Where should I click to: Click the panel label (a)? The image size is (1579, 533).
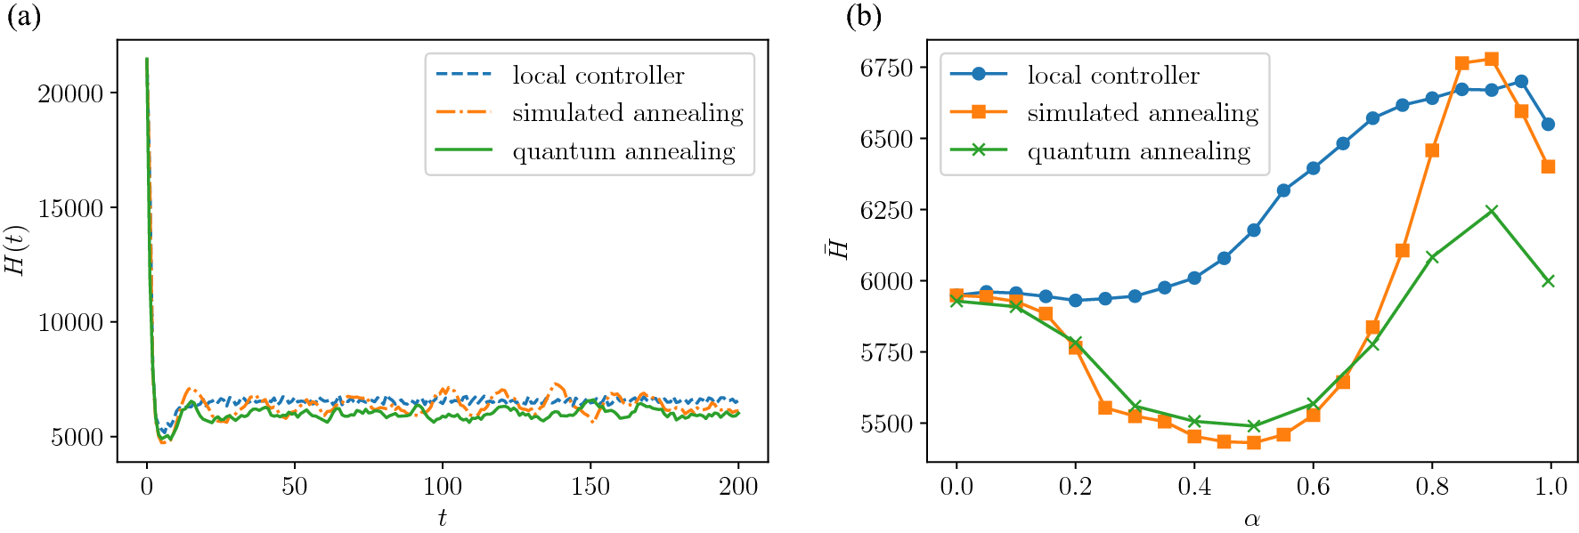point(24,16)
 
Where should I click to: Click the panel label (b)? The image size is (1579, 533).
point(863,16)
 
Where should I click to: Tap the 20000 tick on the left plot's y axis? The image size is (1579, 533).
point(70,93)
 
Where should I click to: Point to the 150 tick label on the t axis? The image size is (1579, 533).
point(590,486)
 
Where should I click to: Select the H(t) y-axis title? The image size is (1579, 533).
point(16,250)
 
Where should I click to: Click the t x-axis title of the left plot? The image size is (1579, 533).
point(442,517)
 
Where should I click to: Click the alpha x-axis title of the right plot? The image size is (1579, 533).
point(1252,519)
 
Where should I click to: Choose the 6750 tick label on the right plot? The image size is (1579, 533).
point(886,68)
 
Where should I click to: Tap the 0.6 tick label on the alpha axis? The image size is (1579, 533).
point(1313,486)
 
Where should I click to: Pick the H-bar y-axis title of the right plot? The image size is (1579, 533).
point(838,248)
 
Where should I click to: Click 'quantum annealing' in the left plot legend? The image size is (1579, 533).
point(623,151)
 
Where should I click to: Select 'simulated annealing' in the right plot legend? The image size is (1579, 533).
point(1143,113)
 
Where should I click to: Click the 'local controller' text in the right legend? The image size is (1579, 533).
point(1113,76)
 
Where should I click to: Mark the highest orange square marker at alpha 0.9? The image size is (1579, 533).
point(1492,60)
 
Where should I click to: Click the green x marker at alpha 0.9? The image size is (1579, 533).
point(1492,211)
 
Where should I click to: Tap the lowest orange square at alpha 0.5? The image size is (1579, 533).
point(1254,442)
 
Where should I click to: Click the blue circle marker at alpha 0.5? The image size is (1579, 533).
point(1254,230)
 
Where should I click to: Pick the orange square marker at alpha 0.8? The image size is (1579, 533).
point(1432,150)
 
